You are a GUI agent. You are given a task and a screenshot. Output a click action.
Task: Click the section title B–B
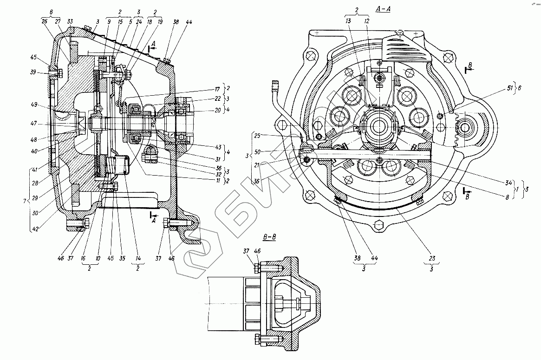coord(269,238)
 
